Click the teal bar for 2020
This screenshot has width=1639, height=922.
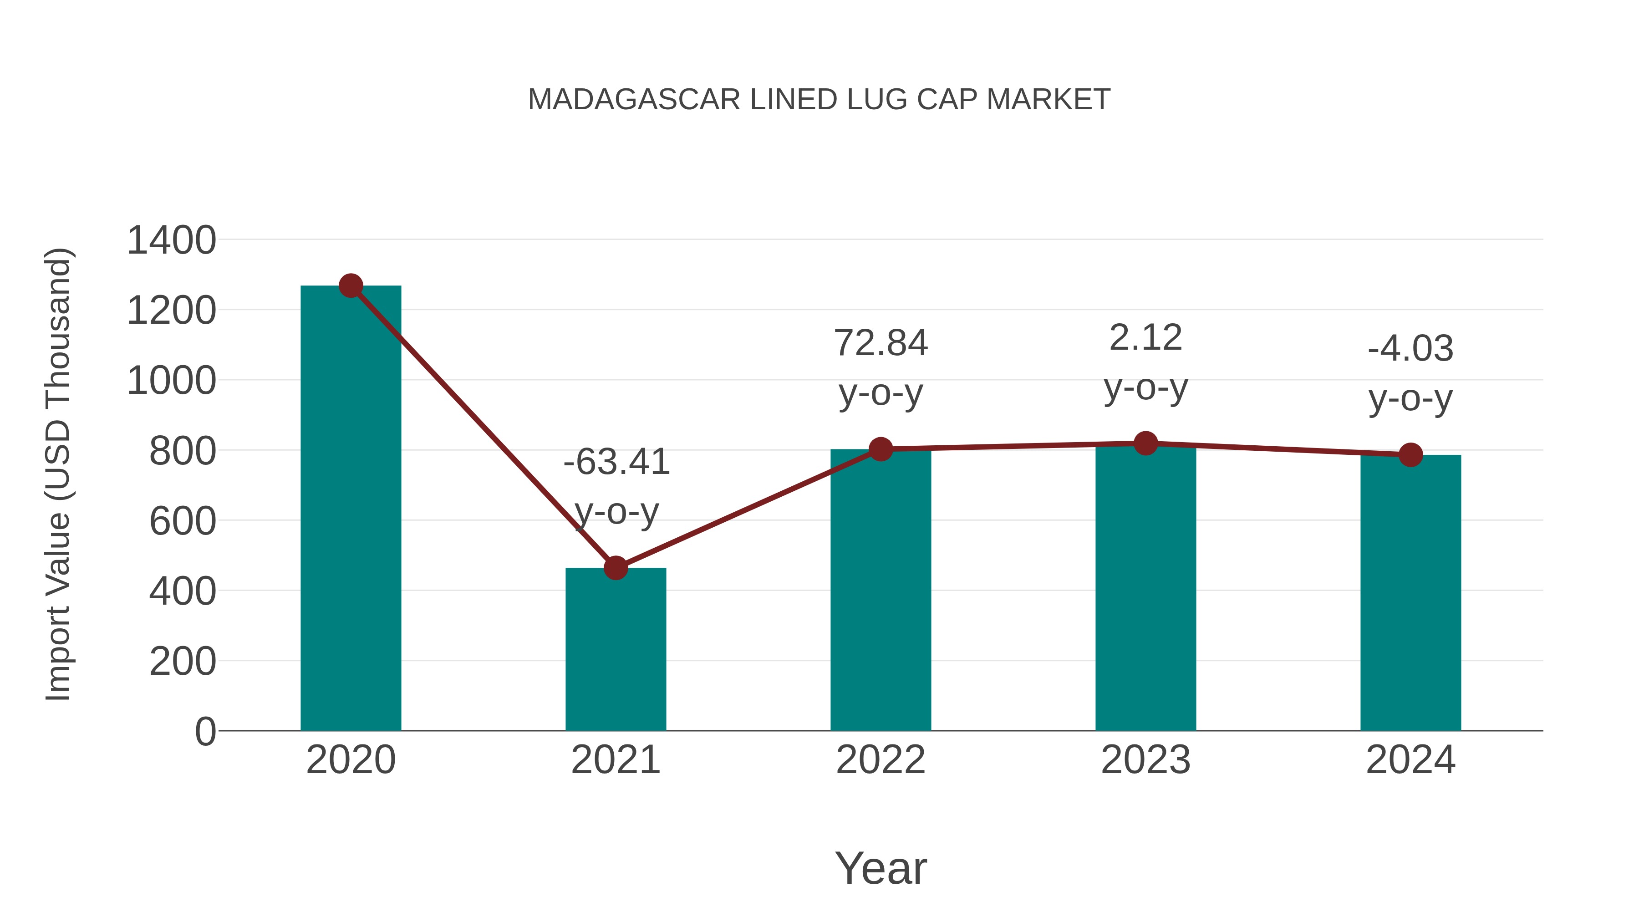tap(351, 509)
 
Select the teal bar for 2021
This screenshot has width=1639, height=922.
tap(615, 649)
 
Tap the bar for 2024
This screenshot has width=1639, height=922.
tap(1410, 592)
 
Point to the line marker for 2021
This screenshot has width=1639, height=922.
tap(615, 568)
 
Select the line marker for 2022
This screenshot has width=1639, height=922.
tap(881, 449)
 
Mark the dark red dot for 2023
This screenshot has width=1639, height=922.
tap(1145, 443)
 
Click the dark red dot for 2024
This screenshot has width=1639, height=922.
tap(1410, 454)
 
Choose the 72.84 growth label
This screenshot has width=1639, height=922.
tap(881, 343)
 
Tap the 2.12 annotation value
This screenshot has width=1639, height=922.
tap(1145, 337)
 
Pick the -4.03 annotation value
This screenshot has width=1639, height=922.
tap(1410, 349)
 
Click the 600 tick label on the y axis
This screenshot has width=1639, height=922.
tap(183, 521)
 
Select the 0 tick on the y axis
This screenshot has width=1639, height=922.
tap(205, 731)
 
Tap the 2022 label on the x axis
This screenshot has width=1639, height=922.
tap(881, 760)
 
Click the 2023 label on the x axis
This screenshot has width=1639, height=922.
tap(1145, 760)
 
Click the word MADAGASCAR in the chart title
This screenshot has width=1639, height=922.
tap(634, 100)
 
